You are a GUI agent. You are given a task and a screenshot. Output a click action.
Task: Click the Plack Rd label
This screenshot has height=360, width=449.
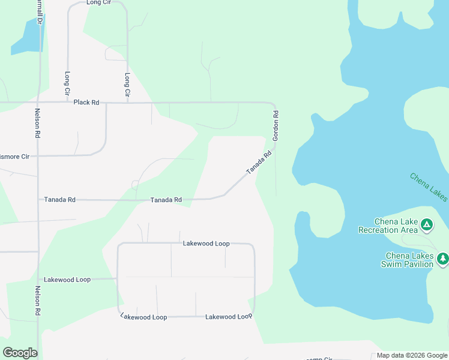86,103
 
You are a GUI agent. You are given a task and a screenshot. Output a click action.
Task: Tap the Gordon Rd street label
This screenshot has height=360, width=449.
276,126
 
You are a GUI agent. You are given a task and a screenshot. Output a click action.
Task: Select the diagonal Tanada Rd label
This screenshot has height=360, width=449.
259,163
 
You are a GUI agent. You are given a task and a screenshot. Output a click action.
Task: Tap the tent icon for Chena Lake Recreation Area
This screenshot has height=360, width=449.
426,226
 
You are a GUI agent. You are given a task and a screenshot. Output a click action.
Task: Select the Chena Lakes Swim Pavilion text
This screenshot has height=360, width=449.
409,260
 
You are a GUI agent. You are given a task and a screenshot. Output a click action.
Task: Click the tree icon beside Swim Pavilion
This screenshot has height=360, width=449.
442,259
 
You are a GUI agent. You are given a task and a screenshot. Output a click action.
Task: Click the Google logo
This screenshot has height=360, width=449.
20,353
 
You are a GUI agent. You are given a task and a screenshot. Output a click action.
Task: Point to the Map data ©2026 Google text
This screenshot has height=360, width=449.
412,356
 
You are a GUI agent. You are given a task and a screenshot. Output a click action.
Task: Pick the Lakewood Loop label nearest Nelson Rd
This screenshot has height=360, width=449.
67,280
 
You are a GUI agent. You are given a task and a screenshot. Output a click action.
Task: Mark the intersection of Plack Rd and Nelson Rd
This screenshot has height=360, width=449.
39,103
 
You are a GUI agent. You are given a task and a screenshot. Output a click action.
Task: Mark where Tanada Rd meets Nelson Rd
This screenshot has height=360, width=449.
39,200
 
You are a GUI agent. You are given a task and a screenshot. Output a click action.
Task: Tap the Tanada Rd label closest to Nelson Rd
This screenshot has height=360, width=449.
59,200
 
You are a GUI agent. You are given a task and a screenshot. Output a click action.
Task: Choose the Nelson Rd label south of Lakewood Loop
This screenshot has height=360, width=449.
37,301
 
